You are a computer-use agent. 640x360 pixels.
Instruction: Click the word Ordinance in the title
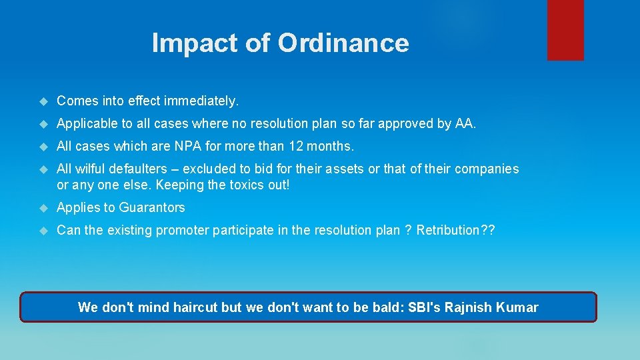[x=343, y=43]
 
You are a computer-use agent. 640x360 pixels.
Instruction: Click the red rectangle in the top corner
[x=565, y=30]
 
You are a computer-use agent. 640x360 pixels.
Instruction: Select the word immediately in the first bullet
[x=206, y=101]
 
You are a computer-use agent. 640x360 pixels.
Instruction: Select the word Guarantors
[x=152, y=207]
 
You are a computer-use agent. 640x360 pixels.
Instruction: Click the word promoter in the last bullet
[x=194, y=231]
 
